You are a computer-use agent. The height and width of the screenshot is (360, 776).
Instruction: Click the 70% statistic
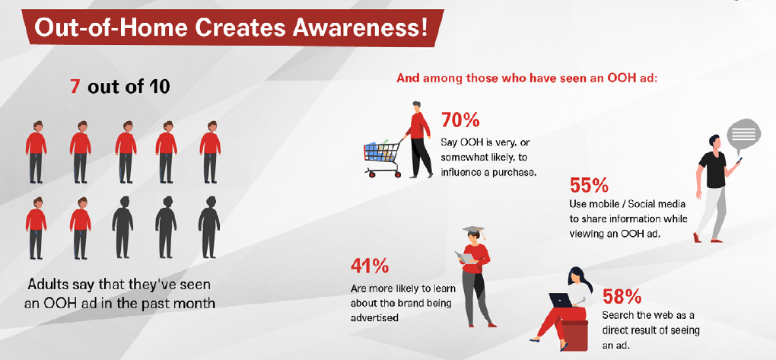460,120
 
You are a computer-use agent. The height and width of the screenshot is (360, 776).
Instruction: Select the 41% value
369,266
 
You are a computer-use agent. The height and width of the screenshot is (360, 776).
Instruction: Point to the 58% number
622,296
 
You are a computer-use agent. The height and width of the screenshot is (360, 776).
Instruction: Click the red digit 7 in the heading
75,88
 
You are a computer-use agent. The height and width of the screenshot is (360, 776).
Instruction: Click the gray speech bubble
743,135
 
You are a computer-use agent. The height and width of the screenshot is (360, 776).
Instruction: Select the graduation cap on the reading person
474,231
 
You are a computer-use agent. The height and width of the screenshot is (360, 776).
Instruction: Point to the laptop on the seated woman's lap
560,300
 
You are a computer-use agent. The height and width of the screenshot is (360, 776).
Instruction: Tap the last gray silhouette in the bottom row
209,228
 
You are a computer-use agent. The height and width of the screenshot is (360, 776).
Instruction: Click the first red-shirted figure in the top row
36,152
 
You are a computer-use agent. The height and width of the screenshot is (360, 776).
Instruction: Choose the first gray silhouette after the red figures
122,228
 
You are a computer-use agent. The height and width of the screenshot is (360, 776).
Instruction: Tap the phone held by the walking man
739,161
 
